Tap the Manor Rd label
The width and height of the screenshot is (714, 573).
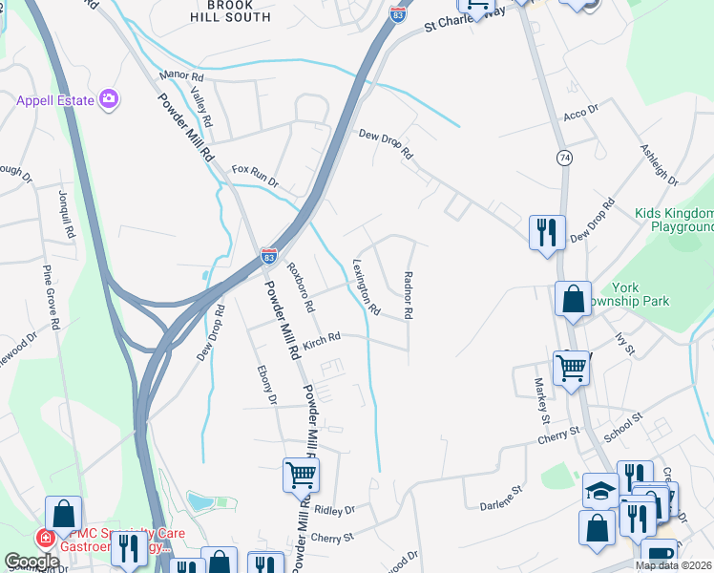pos(182,74)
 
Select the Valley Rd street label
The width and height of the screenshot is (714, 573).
pos(201,111)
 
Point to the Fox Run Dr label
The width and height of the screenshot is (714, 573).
pos(254,176)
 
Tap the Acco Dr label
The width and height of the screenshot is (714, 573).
pos(580,112)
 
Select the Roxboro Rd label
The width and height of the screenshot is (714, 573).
pos(302,286)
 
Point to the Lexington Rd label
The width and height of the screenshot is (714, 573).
pos(367,286)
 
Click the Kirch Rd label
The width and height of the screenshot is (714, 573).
pos(322,338)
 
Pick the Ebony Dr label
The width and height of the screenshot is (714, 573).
pos(266,385)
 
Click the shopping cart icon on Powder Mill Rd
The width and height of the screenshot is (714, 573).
pos(301,474)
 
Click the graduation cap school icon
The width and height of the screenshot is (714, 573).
pos(600,491)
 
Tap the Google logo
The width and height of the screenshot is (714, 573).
pos(31,562)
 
